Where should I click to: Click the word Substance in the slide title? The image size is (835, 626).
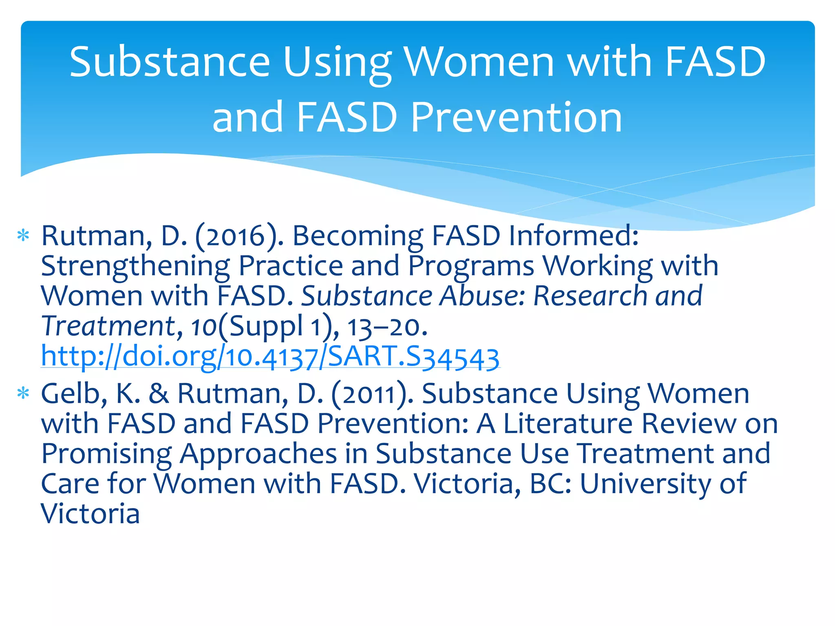170,62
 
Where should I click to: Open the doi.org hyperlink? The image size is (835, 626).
270,357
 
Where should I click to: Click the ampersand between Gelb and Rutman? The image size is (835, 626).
159,394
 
